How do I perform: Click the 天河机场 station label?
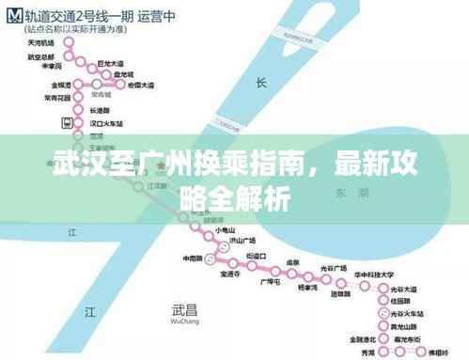pyautogui.click(x=39, y=42)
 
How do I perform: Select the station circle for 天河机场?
pyautogui.click(x=65, y=42)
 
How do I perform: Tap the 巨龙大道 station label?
pyautogui.click(x=110, y=62)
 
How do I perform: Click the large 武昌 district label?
pyautogui.click(x=186, y=308)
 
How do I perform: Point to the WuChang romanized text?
pyautogui.click(x=186, y=321)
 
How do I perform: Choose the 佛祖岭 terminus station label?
pyautogui.click(x=438, y=352)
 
